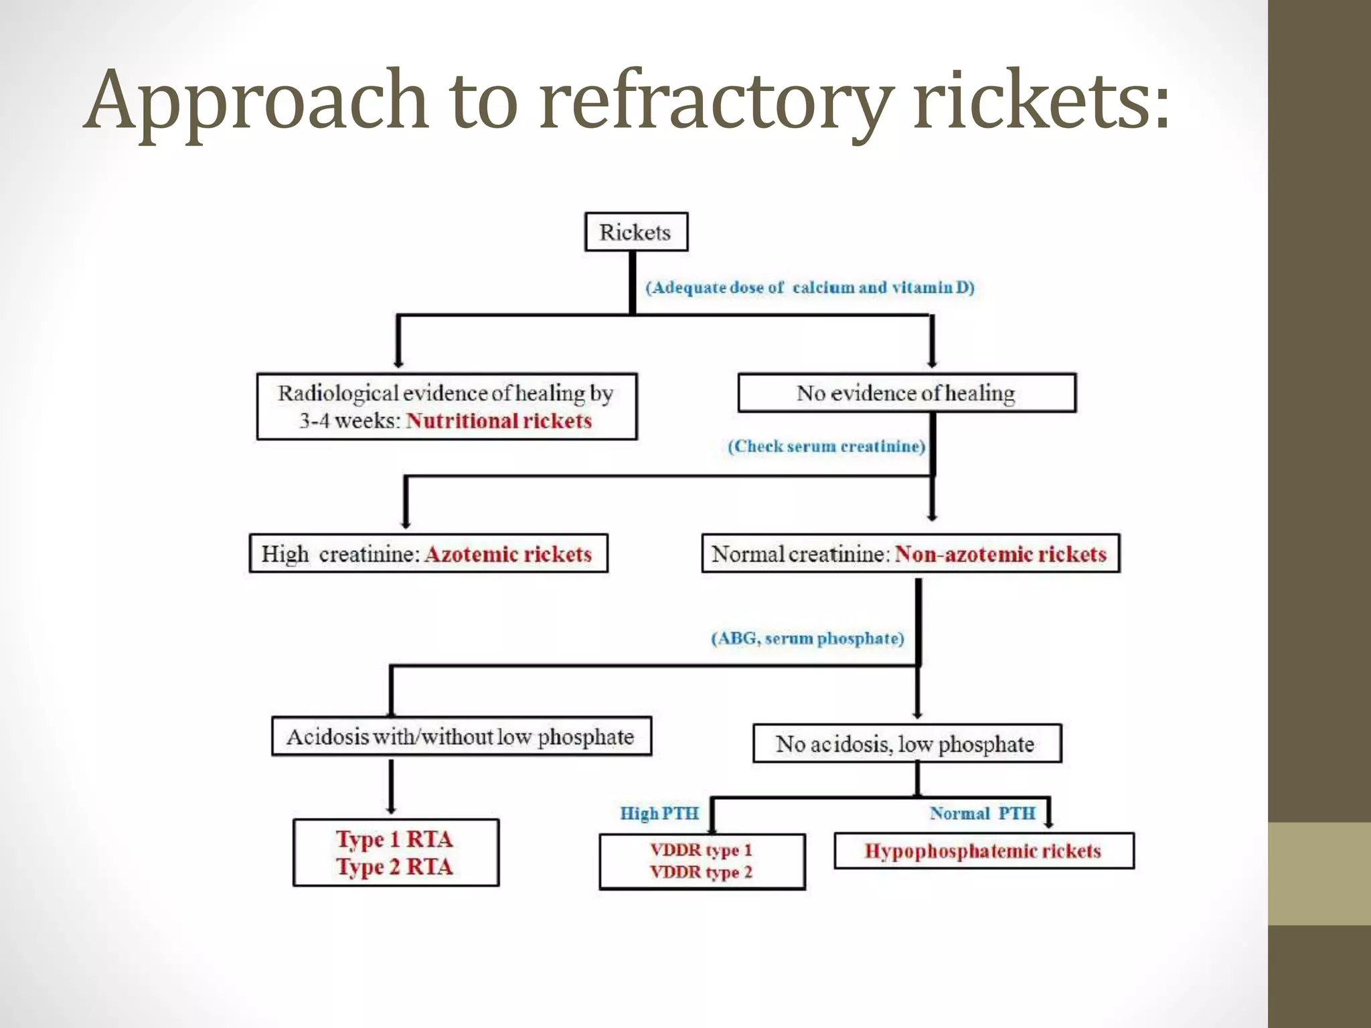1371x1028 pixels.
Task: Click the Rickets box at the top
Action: [636, 232]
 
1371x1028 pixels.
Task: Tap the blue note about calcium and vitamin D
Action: [810, 287]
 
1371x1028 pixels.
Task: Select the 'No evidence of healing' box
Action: [906, 393]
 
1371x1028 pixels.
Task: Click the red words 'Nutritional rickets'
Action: [499, 421]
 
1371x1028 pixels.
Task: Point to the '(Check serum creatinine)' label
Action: [827, 446]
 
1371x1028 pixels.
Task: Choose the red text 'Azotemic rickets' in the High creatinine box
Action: [508, 554]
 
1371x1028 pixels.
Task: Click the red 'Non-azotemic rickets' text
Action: [1001, 554]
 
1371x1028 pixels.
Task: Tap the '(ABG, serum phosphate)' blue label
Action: [807, 638]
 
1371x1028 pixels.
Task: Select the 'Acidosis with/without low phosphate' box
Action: [461, 737]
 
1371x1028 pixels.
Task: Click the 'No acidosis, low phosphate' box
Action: [906, 744]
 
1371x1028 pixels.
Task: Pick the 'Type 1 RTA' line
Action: [394, 839]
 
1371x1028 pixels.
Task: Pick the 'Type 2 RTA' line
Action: [394, 867]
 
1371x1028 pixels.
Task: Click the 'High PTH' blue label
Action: [659, 813]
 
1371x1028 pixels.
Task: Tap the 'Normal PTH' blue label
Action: [982, 813]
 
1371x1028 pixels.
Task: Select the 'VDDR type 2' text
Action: [701, 872]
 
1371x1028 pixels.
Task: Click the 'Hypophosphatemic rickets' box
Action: [983, 851]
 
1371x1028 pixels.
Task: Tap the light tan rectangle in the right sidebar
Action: [1319, 873]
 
